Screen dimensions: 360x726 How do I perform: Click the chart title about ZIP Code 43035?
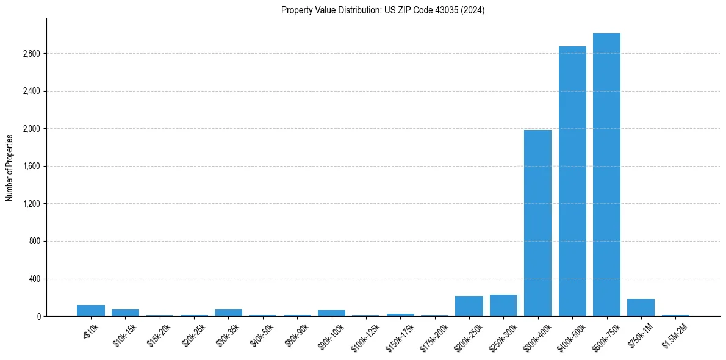click(383, 10)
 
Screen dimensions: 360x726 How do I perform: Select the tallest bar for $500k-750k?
click(606, 175)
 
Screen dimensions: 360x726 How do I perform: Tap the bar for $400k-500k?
click(572, 181)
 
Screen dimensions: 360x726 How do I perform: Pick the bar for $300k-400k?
click(537, 223)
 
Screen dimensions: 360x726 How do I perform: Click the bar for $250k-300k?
click(503, 306)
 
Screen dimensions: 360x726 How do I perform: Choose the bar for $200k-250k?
click(469, 306)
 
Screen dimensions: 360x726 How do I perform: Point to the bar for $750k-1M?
click(641, 308)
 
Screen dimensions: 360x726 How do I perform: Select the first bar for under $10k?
click(91, 311)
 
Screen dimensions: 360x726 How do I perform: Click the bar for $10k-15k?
click(125, 312)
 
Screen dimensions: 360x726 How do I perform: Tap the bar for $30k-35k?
click(228, 312)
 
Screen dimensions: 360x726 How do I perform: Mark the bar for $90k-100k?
click(331, 313)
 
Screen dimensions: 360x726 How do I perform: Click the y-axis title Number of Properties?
click(10, 167)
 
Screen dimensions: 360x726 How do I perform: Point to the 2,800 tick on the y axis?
click(31, 54)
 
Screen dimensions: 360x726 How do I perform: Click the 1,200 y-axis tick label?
click(31, 204)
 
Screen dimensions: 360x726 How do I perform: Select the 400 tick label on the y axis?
click(34, 279)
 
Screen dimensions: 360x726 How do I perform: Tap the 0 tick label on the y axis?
click(38, 317)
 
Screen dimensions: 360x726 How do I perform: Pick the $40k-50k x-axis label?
click(263, 334)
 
